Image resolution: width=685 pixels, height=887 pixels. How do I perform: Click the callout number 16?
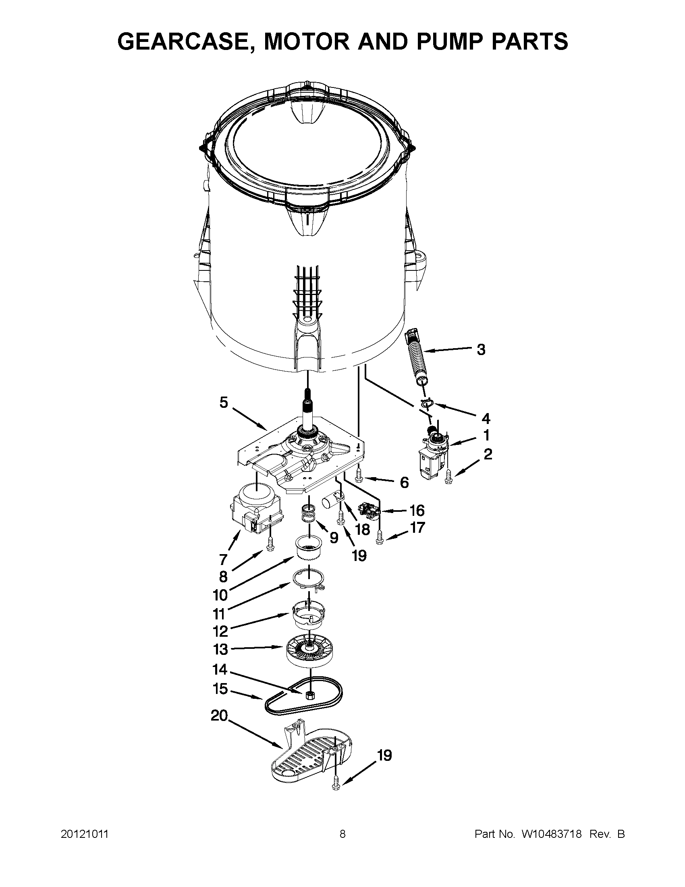[x=417, y=510]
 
